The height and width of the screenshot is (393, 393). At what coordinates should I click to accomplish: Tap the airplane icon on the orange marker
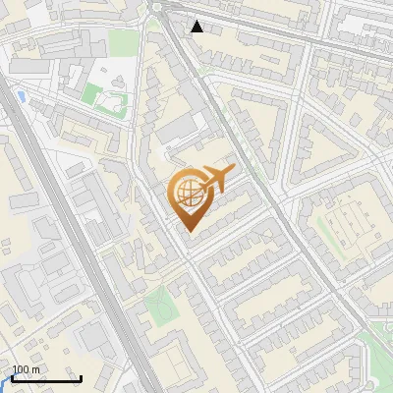[216, 179]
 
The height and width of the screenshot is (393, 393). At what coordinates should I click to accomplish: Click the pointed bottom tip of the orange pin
[189, 231]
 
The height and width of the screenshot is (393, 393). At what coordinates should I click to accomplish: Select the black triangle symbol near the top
[197, 27]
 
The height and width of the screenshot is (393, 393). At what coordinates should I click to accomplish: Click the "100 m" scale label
[26, 369]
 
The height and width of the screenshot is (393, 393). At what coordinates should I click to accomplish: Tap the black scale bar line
[45, 379]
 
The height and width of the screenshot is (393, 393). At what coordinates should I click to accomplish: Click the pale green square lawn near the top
[123, 42]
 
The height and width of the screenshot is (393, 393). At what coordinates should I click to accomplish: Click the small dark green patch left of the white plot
[90, 94]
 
